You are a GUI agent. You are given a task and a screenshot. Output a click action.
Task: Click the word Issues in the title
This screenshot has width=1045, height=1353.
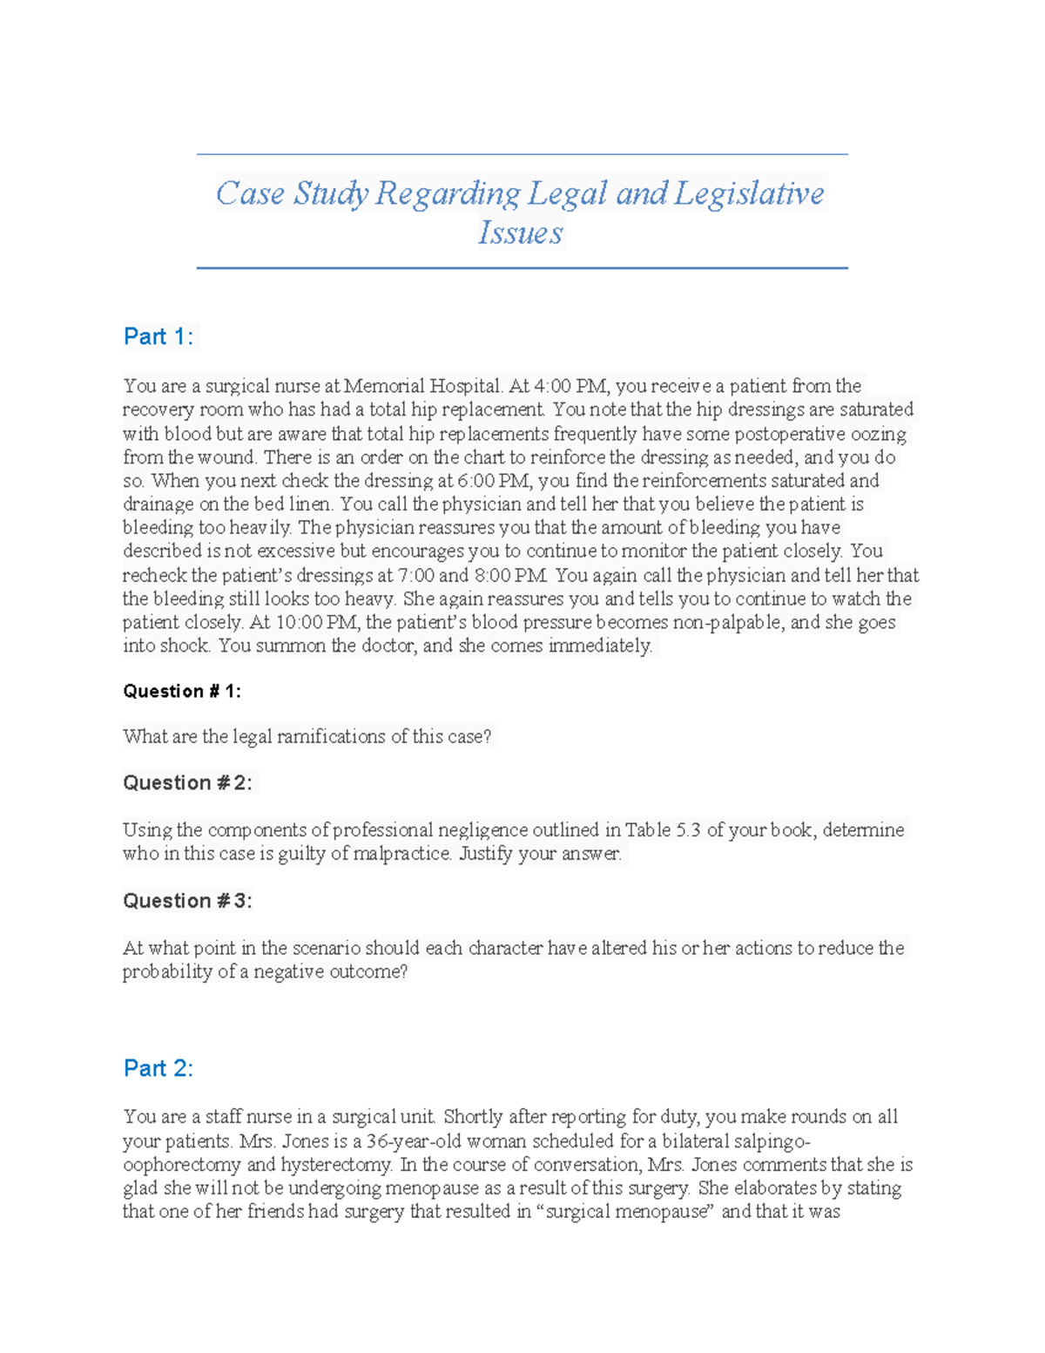click(x=520, y=233)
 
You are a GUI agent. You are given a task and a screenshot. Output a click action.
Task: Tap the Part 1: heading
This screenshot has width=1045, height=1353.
click(x=158, y=336)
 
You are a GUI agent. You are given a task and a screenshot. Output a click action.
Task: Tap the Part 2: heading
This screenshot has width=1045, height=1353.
click(x=158, y=1068)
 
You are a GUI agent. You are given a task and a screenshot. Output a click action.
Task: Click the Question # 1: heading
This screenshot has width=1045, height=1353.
click(x=182, y=691)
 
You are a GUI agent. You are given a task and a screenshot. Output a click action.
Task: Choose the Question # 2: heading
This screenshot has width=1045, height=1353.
click(x=187, y=782)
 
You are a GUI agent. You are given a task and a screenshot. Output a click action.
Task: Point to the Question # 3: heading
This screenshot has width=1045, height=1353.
click(x=187, y=901)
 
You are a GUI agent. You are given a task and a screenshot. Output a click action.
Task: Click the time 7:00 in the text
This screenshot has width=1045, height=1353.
click(x=416, y=575)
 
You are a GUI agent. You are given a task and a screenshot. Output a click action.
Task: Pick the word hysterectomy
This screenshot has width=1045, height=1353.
click(x=336, y=1165)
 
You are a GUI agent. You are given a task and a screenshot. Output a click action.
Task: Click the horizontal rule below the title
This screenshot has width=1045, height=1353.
click(x=522, y=268)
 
